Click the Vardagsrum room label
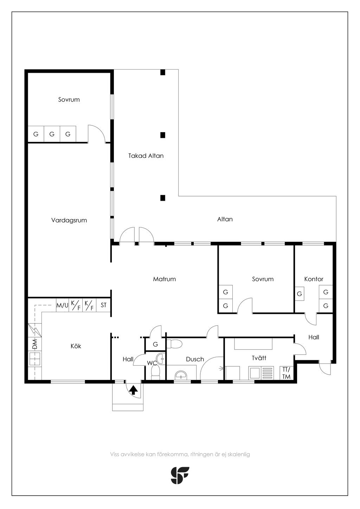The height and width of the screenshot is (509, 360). [x=69, y=220]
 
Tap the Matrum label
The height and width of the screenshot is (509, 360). [x=164, y=279]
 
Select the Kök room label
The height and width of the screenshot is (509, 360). [x=76, y=346]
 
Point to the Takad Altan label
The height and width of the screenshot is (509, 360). [x=146, y=156]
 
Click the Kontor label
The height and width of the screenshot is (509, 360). [x=314, y=279]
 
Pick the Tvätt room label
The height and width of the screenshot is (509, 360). [x=259, y=358]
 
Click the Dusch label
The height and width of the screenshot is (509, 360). [x=195, y=359]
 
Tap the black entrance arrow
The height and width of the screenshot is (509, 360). [x=133, y=390]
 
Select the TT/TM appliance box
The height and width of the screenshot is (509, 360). [x=286, y=373]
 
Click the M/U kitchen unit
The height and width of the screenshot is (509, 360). [x=62, y=305]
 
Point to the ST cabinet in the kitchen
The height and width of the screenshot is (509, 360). [x=103, y=305]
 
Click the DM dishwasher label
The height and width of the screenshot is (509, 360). [x=34, y=344]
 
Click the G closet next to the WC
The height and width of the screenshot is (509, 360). [x=155, y=344]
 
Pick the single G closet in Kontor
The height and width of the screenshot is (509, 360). [x=300, y=294]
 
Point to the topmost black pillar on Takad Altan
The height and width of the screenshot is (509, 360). [x=163, y=72]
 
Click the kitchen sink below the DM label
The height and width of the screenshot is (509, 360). [x=34, y=359]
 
